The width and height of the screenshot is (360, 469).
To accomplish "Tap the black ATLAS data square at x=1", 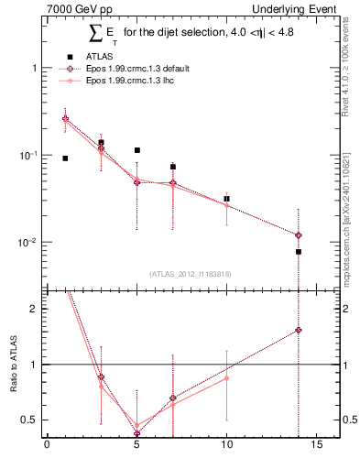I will coord(65,158).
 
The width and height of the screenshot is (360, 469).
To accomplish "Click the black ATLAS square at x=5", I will coord(136,150).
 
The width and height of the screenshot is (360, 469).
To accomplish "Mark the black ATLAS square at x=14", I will coord(299,252).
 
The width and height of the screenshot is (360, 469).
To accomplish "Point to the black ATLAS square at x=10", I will coord(226,199).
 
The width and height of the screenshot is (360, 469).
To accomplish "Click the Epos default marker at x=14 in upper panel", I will coord(299,235).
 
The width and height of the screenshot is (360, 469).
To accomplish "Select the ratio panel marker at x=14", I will coord(299,330).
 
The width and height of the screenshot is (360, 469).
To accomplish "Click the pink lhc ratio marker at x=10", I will coord(226,378).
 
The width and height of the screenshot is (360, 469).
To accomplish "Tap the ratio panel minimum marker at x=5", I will coord(136,433).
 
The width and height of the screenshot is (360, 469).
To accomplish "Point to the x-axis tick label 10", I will coord(226,448).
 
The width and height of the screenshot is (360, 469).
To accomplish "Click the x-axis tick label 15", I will coord(316,448).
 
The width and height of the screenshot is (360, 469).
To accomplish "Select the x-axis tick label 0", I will coord(47,448).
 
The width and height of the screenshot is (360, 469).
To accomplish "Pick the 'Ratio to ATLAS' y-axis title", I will coord(13,365).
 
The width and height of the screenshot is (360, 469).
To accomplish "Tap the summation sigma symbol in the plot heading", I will coord(94,34).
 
